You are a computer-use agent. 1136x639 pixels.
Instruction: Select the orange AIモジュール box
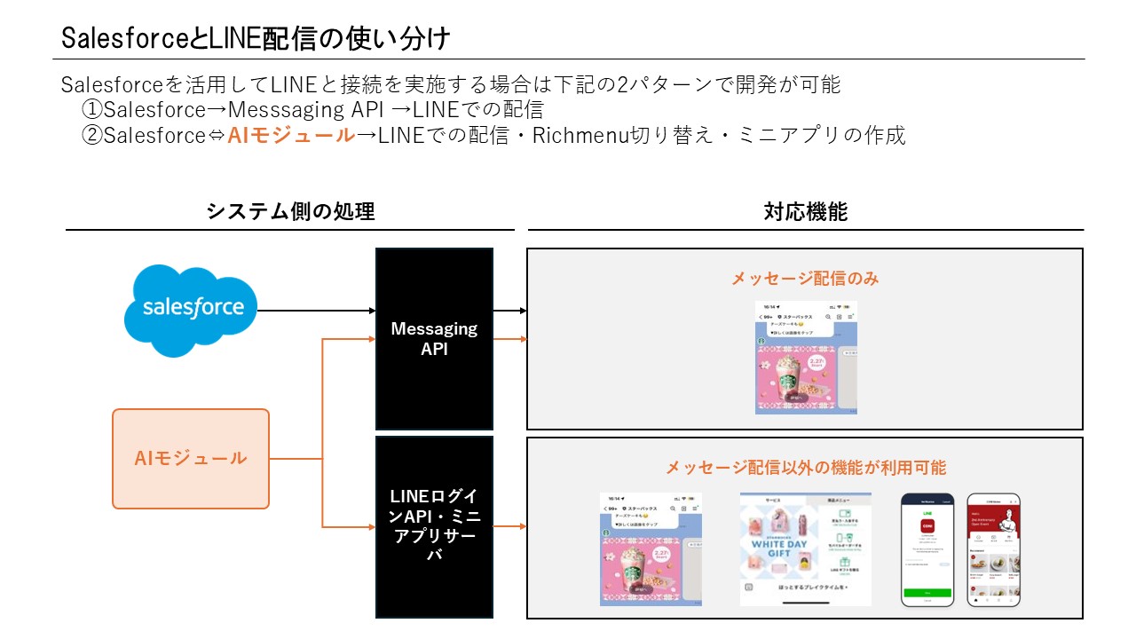tap(191, 458)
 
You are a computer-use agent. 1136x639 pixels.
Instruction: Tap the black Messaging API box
tap(435, 338)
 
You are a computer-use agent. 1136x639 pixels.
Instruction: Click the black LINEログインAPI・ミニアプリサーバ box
tap(435, 525)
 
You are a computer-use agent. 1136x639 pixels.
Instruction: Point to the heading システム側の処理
tap(290, 211)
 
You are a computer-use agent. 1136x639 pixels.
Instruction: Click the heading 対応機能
tap(805, 211)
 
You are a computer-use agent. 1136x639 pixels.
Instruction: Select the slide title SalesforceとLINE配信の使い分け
tap(256, 38)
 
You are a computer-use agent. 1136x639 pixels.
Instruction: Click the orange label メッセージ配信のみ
tap(805, 278)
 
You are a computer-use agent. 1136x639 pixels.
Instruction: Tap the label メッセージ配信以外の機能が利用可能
tap(805, 467)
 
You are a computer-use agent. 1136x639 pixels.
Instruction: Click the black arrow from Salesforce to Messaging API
tap(316, 311)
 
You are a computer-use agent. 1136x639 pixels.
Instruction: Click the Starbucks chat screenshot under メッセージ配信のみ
tap(806, 357)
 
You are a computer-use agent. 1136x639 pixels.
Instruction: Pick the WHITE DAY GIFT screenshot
tap(805, 548)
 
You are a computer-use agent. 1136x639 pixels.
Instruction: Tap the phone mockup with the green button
tap(927, 549)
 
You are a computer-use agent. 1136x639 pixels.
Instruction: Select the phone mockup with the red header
tap(993, 549)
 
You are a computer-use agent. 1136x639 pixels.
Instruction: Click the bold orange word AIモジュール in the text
tap(291, 136)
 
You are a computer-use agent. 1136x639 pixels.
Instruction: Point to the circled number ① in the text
tap(92, 110)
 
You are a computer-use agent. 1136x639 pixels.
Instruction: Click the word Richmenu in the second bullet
tap(580, 136)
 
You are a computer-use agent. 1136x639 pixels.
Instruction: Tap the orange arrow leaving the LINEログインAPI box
tap(510, 526)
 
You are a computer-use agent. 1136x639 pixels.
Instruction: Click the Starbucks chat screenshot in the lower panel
tap(651, 548)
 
